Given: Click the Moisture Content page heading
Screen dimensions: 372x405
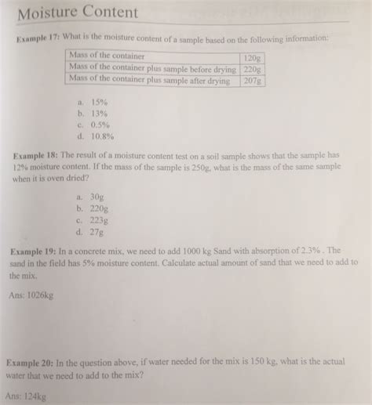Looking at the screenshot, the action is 78,13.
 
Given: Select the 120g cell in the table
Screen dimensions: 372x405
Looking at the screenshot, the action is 251,58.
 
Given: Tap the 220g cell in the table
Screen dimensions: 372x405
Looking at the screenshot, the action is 251,69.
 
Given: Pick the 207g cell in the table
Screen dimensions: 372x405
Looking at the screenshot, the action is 251,80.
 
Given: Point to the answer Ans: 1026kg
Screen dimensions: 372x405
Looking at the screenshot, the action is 31,298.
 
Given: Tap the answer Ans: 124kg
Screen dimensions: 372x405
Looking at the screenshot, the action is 27,396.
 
